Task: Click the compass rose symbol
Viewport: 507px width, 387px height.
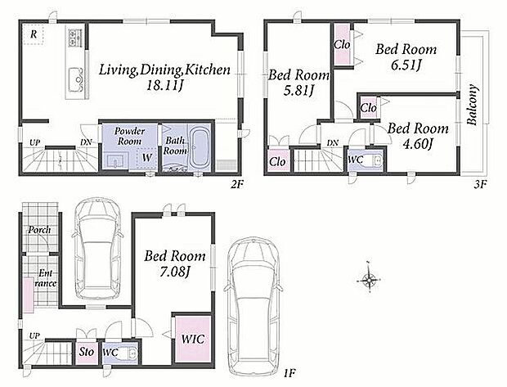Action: click(369, 280)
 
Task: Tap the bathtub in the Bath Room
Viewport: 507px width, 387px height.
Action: click(199, 147)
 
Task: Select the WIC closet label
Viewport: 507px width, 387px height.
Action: click(193, 339)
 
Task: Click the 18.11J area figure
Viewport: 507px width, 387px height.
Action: click(165, 85)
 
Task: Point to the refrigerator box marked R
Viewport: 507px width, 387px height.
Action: click(34, 34)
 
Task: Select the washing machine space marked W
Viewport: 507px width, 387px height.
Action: click(146, 158)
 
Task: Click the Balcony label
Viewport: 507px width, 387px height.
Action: click(472, 105)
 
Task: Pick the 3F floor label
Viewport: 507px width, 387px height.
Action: click(480, 184)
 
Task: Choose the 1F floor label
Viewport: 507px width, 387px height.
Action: click(289, 374)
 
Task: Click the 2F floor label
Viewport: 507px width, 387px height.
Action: click(236, 184)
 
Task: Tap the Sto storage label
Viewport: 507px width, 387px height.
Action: click(87, 352)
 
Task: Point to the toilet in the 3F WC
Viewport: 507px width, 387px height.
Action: click(374, 161)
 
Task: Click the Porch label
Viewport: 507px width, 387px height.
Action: click(39, 230)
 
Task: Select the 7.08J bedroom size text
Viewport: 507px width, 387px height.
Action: click(175, 272)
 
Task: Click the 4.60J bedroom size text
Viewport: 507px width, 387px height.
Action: click(417, 144)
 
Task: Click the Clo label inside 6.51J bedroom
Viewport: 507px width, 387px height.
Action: click(342, 44)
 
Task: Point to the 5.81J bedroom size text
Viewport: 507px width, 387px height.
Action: click(298, 91)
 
